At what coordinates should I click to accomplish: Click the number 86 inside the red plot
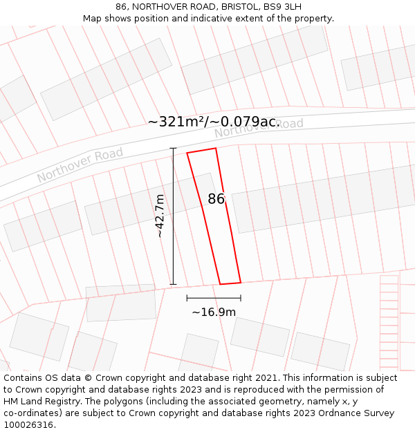[216, 199]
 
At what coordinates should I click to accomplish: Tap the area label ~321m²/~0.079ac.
[213, 122]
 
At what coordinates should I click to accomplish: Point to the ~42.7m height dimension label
[160, 216]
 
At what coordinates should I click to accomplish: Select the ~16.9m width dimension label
[214, 312]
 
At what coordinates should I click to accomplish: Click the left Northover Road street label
[80, 165]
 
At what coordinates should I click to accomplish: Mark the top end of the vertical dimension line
[173, 148]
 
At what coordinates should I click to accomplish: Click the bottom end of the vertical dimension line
[173, 284]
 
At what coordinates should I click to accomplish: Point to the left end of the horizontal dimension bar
[187, 298]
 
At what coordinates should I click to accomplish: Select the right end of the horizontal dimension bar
[241, 298]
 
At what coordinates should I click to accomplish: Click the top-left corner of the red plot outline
[187, 153]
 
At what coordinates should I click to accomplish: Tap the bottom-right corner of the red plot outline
[240, 282]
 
